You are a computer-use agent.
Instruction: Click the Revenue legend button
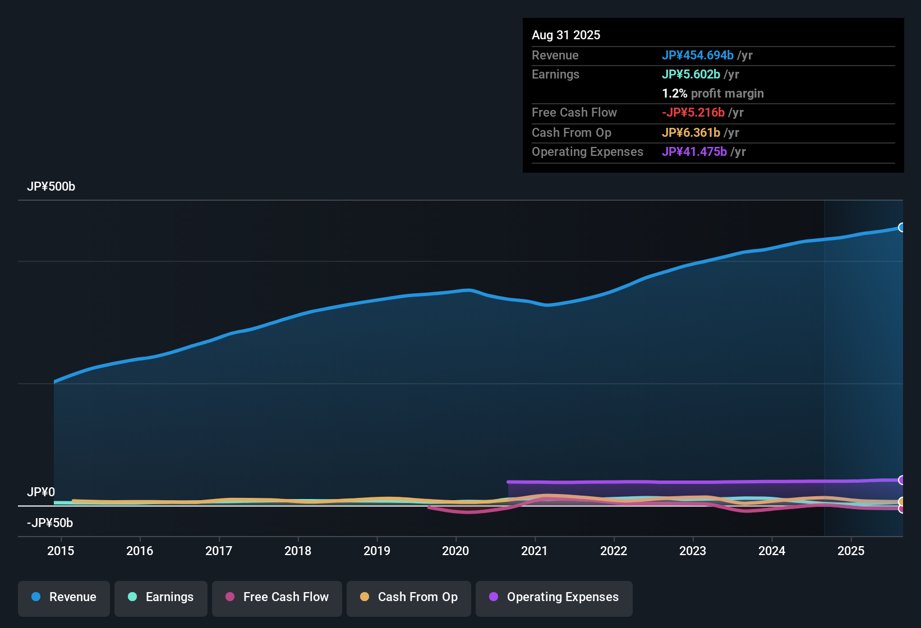click(64, 597)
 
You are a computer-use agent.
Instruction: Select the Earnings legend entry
click(161, 597)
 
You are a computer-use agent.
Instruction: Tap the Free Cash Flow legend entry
click(277, 597)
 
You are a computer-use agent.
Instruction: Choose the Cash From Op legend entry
click(409, 597)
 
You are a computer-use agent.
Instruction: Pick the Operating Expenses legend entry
click(554, 597)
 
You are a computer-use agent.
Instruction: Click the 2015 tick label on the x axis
click(61, 551)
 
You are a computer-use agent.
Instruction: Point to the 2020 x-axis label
click(455, 551)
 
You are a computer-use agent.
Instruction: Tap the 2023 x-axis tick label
click(693, 551)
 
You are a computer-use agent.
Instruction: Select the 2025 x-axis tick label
click(851, 551)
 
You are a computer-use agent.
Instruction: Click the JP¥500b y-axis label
click(51, 187)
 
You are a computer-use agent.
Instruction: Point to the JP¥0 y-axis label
click(41, 492)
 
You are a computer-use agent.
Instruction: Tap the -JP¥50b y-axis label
click(50, 523)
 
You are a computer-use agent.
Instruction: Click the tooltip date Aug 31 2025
click(566, 35)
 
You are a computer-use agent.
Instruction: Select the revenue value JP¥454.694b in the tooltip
click(698, 56)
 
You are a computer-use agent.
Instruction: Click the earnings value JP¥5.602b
click(691, 75)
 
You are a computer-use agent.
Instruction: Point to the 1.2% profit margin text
click(713, 94)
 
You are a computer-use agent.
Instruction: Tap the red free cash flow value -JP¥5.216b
click(693, 113)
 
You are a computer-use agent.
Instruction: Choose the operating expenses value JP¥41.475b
click(694, 152)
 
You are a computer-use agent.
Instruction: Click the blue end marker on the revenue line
click(902, 227)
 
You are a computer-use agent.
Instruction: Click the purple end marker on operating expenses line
click(902, 480)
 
